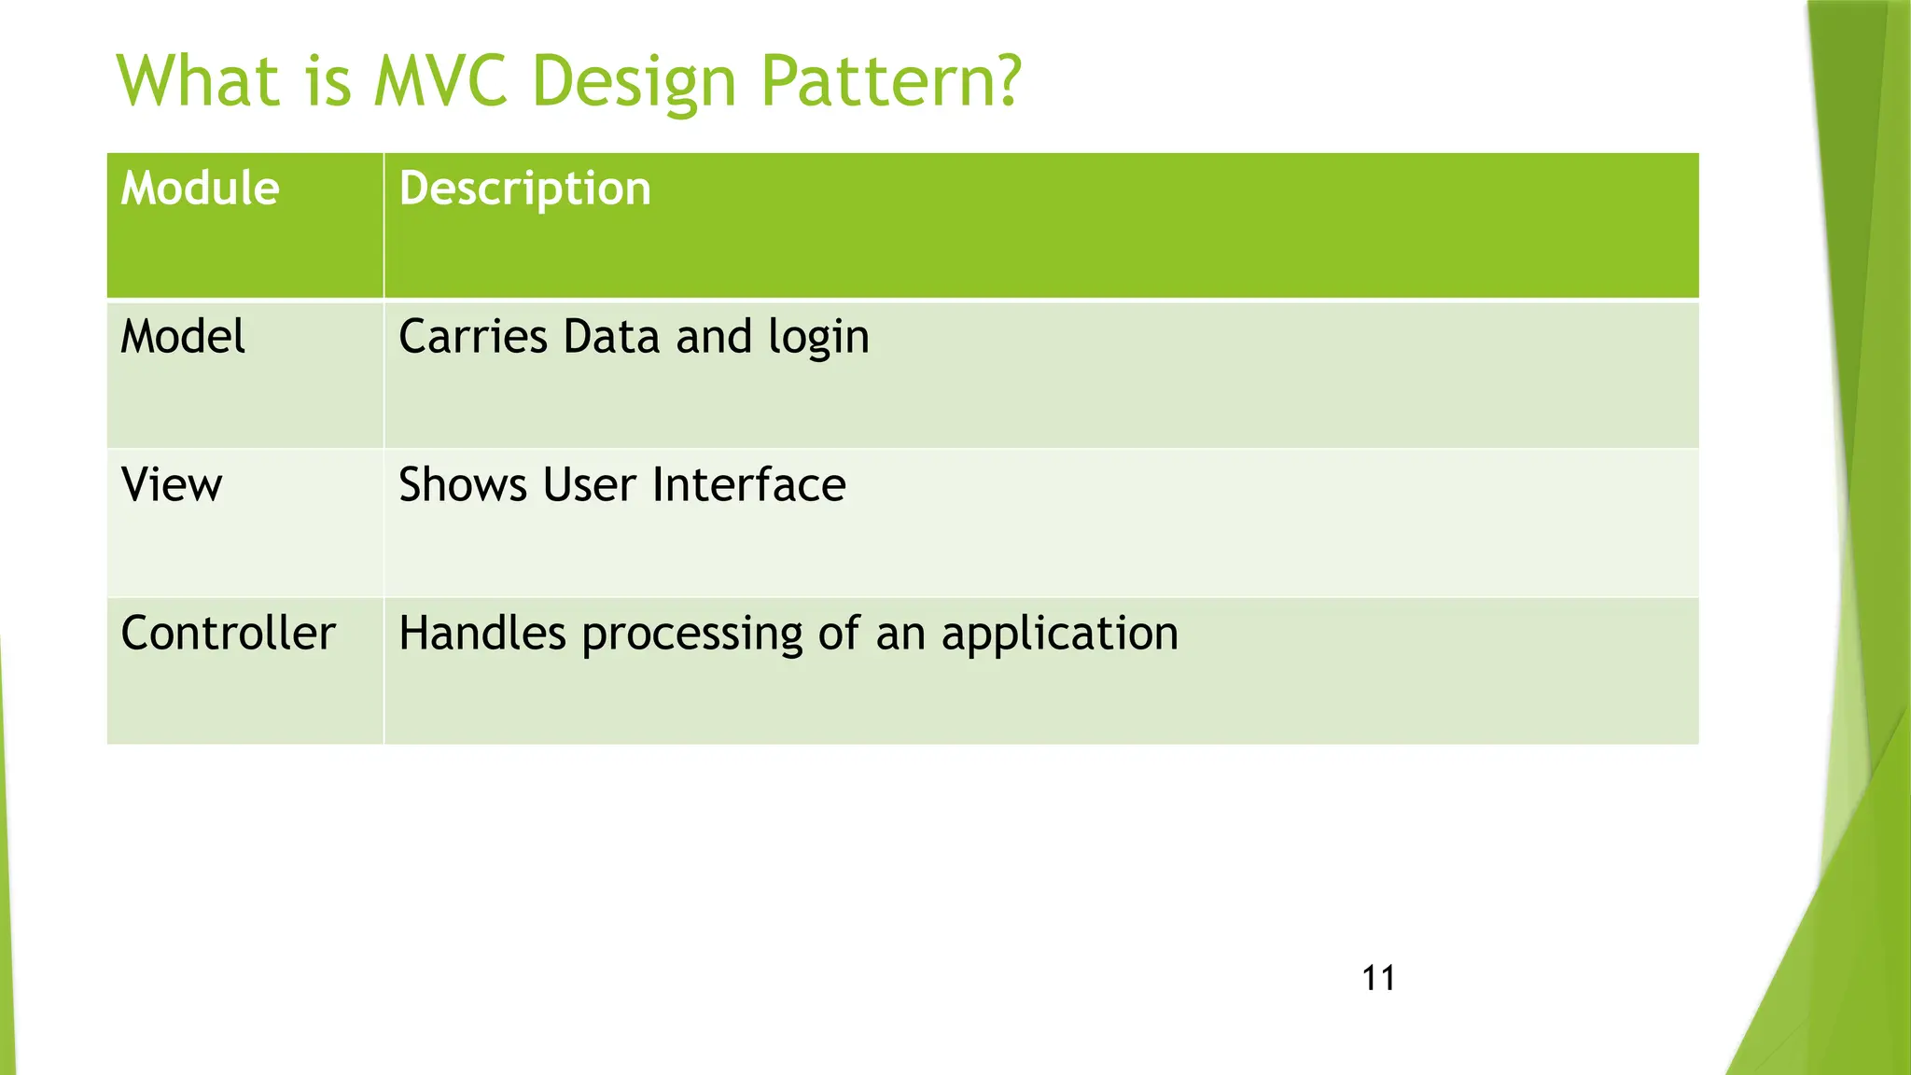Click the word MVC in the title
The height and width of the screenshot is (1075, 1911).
(x=439, y=81)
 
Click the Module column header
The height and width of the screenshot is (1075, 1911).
(x=200, y=188)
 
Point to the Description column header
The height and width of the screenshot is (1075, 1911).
(x=524, y=190)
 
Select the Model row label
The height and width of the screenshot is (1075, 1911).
(x=183, y=337)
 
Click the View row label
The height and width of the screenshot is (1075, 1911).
(x=172, y=485)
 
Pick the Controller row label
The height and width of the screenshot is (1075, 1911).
(x=228, y=634)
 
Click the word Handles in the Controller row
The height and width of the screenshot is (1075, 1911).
(x=481, y=634)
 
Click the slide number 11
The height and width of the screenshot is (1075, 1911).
(x=1378, y=979)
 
